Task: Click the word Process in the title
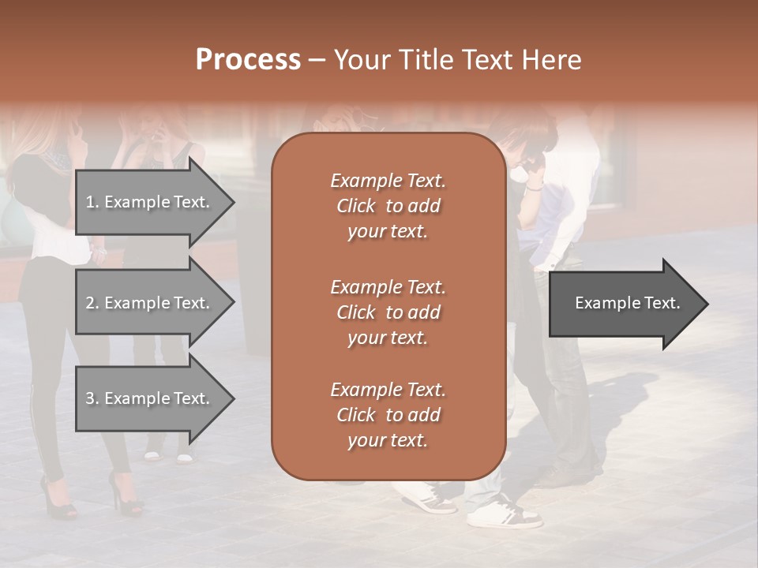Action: coord(248,60)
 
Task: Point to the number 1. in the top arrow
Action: coord(92,202)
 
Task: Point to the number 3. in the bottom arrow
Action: coord(92,398)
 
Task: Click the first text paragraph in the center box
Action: coord(388,206)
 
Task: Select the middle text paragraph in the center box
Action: coord(388,312)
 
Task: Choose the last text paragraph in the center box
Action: coord(388,415)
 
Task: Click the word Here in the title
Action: coord(551,60)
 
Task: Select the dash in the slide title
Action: coord(317,60)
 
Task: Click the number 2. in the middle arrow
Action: coord(92,303)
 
